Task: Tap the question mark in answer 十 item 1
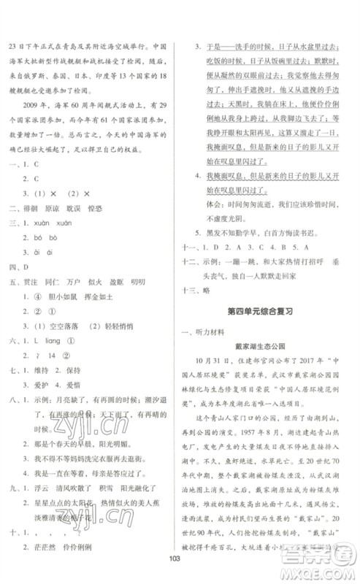(x=34, y=535)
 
